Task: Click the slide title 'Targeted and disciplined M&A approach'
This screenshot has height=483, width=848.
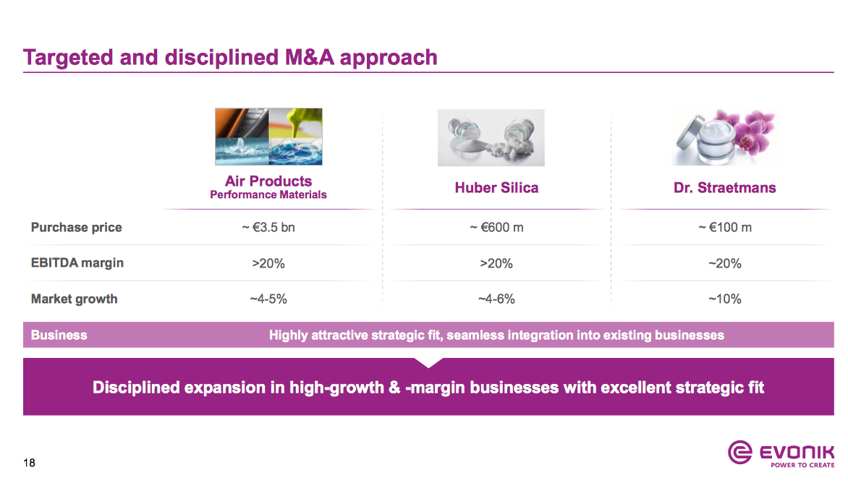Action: click(230, 57)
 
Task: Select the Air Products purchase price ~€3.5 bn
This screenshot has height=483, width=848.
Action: click(268, 227)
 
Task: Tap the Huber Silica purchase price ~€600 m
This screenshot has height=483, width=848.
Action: click(496, 227)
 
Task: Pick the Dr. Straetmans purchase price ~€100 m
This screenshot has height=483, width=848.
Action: click(724, 227)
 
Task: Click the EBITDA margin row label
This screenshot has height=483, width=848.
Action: click(77, 262)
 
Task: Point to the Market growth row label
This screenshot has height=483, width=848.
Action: click(74, 299)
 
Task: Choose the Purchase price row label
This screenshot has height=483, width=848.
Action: click(76, 227)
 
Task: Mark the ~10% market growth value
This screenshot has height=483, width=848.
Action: click(724, 299)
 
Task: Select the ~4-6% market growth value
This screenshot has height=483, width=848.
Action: click(496, 299)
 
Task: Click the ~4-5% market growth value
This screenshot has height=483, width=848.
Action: click(268, 299)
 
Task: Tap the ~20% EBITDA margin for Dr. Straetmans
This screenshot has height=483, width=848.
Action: click(724, 263)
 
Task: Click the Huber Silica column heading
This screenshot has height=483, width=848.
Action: click(496, 187)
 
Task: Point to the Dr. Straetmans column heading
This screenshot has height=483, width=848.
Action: click(724, 187)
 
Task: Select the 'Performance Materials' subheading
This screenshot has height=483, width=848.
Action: click(268, 195)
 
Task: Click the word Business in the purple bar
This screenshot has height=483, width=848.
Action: click(59, 335)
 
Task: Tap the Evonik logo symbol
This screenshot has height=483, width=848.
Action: click(739, 454)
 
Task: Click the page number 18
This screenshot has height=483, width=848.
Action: click(29, 463)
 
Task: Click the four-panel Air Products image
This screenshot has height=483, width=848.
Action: click(268, 137)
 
